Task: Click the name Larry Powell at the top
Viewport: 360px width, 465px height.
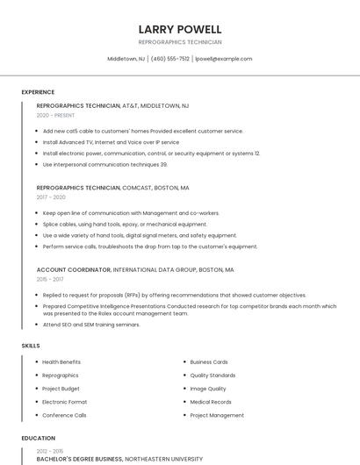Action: click(180, 30)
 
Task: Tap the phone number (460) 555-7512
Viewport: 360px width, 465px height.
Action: click(170, 59)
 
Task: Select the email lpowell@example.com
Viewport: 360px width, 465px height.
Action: click(223, 59)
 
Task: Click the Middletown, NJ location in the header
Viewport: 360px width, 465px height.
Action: click(126, 59)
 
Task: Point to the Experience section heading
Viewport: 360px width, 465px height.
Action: click(38, 92)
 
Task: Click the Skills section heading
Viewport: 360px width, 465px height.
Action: click(31, 346)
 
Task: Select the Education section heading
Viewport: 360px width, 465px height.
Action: click(39, 438)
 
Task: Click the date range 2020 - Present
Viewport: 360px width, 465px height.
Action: click(55, 115)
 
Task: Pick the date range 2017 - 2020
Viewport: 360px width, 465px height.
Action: click(51, 197)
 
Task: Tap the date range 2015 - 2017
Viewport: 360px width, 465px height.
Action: click(50, 279)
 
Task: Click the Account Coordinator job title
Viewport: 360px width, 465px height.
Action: click(74, 270)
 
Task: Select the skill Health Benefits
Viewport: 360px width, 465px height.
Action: click(61, 362)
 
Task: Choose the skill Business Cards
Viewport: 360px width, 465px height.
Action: click(209, 362)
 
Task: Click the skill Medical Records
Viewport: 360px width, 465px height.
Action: click(211, 402)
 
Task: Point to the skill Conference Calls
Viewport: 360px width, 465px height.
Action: click(64, 415)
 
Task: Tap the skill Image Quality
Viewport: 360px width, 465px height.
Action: click(208, 389)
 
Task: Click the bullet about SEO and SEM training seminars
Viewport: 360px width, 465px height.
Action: click(91, 325)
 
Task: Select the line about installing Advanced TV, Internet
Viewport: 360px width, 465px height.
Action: click(111, 142)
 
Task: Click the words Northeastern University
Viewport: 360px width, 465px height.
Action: click(164, 458)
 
